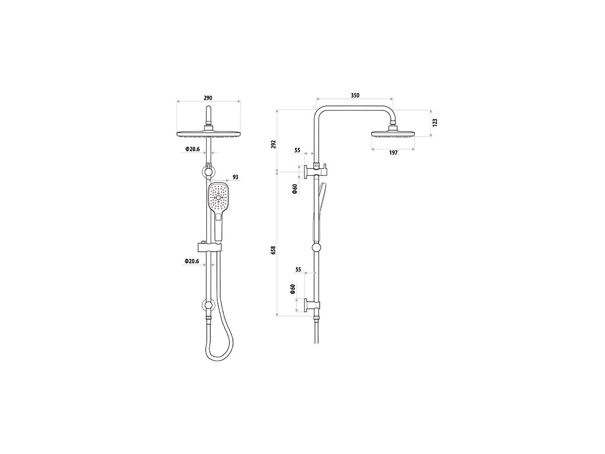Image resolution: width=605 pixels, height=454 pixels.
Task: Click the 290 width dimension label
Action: (x=208, y=97)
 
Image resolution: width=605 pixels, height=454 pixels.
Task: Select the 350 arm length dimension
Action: (x=355, y=95)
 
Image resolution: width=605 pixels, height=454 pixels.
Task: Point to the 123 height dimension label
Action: (x=435, y=123)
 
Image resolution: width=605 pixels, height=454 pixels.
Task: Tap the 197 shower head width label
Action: (x=393, y=153)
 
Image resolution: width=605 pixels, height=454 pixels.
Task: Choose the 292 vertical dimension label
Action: (x=274, y=144)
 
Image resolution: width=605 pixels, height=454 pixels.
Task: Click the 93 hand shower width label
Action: (x=235, y=178)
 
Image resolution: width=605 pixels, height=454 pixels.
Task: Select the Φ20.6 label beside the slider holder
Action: (x=192, y=261)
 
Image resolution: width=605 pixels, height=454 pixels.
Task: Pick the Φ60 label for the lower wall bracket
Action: (x=292, y=290)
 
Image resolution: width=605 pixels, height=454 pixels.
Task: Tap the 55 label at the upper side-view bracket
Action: (x=297, y=150)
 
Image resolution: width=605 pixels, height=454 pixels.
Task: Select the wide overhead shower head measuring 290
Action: (x=208, y=134)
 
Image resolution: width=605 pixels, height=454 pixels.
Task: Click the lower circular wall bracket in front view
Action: (x=208, y=305)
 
